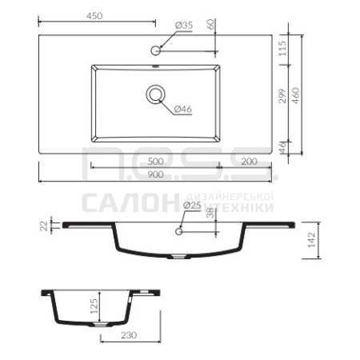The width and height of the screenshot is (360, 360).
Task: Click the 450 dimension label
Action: (94, 16)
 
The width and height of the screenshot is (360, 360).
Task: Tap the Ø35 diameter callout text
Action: (184, 26)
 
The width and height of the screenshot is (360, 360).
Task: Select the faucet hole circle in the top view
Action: (155, 50)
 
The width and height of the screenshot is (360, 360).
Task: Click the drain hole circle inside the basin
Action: (155, 94)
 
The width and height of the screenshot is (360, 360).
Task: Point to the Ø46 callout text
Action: (183, 109)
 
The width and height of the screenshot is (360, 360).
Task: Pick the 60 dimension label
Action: (210, 24)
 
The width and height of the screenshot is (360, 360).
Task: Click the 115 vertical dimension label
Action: (282, 49)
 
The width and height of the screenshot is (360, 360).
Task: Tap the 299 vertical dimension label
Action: (282, 96)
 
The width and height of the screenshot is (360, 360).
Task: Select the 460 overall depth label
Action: (295, 96)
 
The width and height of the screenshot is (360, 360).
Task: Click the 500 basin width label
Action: (156, 162)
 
